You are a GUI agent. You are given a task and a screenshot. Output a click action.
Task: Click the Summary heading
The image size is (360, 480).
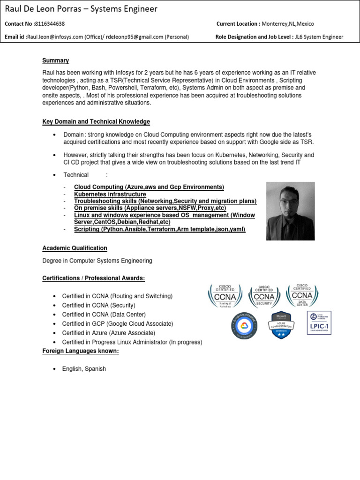click(55, 60)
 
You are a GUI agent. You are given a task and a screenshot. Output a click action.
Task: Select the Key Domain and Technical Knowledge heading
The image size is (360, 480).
click(96, 122)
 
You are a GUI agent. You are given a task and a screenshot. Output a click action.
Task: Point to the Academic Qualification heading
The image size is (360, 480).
click(75, 248)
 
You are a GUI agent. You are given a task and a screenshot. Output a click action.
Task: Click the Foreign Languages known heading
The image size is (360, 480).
click(80, 351)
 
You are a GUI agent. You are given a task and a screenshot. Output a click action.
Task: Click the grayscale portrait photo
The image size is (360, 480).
click(291, 211)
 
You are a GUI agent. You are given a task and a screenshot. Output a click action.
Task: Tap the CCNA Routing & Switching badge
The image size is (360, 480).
click(225, 295)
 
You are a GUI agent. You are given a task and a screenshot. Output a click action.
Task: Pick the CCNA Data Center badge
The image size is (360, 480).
click(302, 295)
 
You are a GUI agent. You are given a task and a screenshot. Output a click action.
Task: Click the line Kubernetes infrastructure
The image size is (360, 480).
click(110, 194)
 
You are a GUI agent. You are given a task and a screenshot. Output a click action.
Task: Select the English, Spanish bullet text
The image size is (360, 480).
click(84, 369)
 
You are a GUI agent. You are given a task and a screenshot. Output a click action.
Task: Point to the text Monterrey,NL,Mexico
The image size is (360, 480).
click(287, 24)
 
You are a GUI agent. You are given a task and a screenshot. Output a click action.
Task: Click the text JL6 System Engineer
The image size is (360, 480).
click(320, 37)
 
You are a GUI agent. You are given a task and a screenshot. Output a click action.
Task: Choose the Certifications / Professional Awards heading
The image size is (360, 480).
click(94, 278)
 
